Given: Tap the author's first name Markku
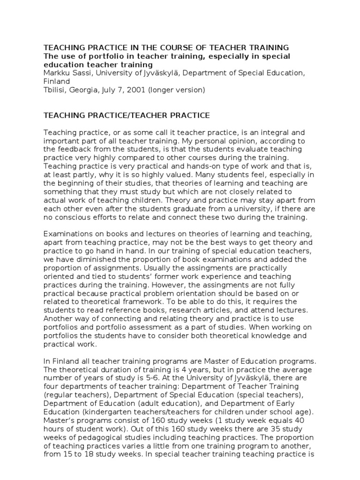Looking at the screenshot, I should (x=56, y=73).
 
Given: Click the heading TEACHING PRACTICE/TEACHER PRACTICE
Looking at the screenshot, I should (x=127, y=115).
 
